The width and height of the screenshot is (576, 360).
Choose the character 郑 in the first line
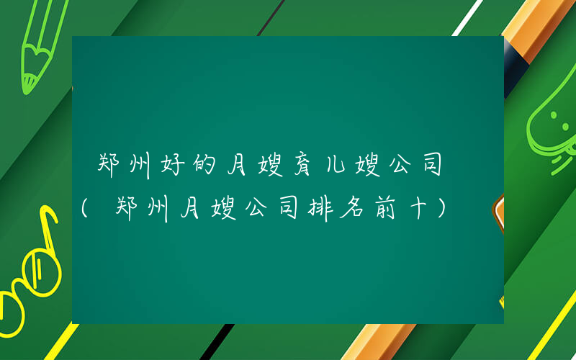click(108, 166)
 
